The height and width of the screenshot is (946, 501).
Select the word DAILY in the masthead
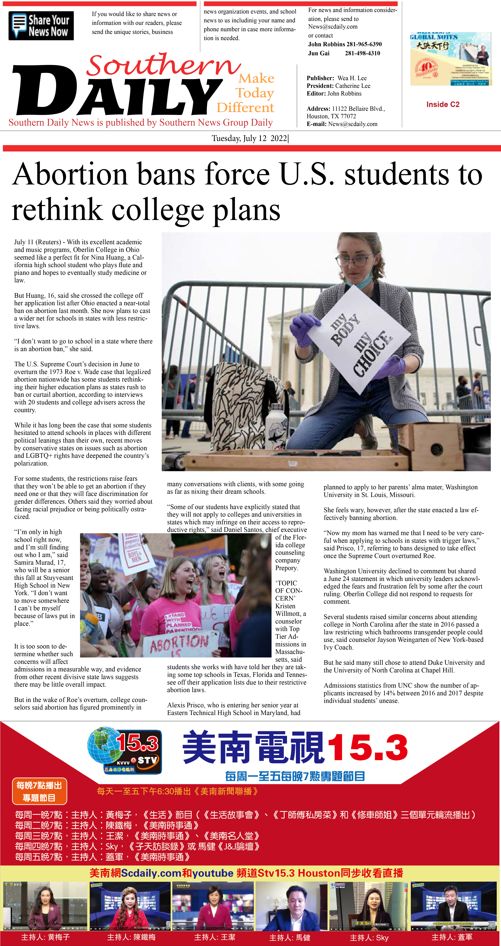click(x=117, y=92)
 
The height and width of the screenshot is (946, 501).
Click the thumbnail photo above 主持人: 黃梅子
click(x=45, y=905)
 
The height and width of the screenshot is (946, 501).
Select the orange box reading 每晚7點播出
click(x=39, y=791)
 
